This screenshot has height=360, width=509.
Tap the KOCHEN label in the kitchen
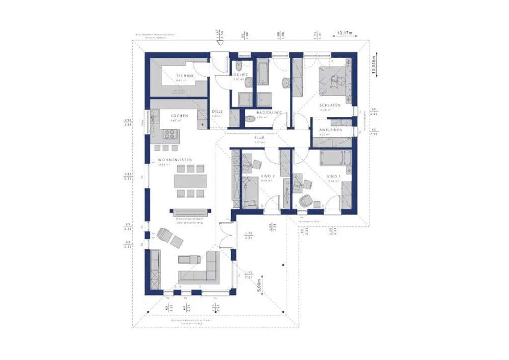click(179, 116)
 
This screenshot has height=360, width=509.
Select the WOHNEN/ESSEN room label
click(174, 160)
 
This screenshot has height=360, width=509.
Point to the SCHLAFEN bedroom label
click(330, 106)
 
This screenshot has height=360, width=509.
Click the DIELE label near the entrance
click(217, 112)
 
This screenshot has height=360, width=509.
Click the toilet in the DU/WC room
click(239, 68)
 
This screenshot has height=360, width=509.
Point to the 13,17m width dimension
click(345, 33)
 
